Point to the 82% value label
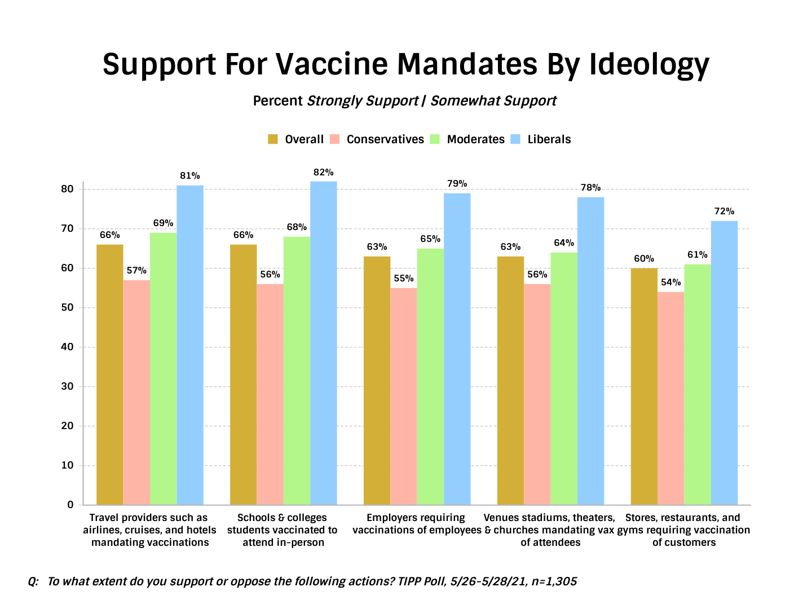coord(324,173)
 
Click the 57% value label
coord(136,271)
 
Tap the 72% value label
coord(725,211)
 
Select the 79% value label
coord(457,184)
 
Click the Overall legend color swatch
coord(273,139)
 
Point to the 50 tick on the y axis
coord(68,308)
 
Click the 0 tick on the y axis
coord(70,505)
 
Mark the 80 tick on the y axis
coord(68,189)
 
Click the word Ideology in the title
coord(649,65)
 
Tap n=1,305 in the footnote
coord(554,581)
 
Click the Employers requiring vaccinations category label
coord(417,524)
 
